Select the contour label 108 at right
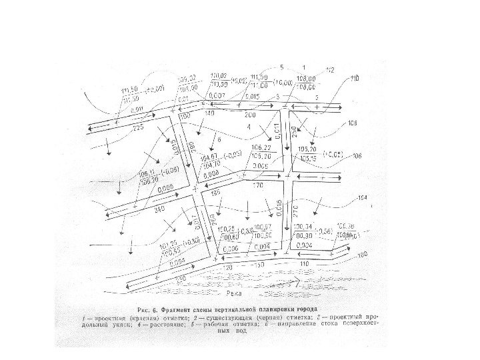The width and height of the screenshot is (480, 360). click(x=353, y=123)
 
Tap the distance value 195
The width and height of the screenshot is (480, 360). click(x=215, y=193)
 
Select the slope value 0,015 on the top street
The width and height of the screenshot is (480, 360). click(x=251, y=97)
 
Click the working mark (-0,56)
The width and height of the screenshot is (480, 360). click(x=324, y=231)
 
